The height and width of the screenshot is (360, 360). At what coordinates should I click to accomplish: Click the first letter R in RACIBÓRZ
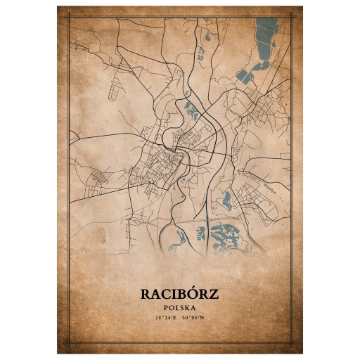tap(147, 294)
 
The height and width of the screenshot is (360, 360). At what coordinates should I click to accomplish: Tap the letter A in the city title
tap(159, 294)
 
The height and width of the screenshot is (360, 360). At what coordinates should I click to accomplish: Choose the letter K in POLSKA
tap(188, 308)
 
